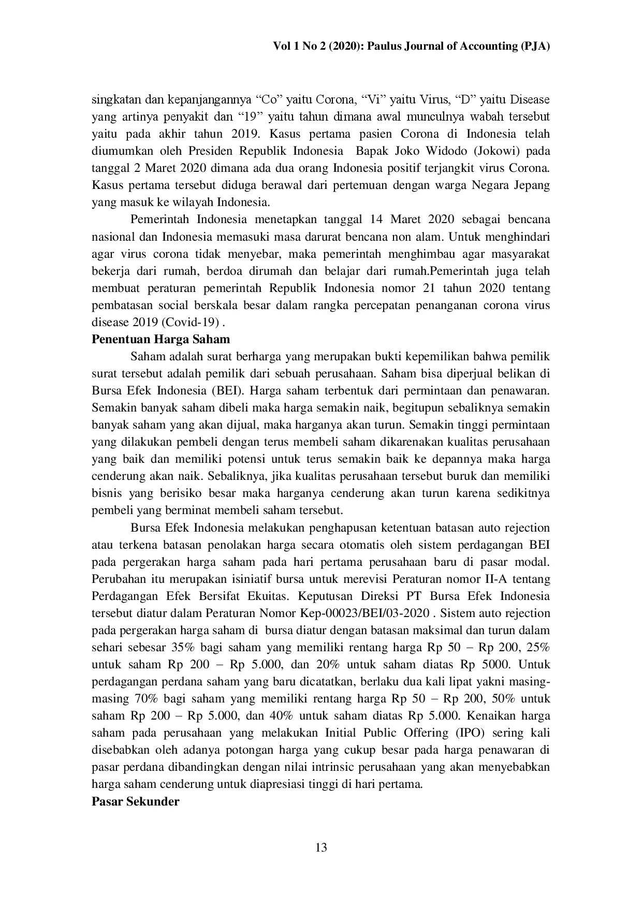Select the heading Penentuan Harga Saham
[x=160, y=340]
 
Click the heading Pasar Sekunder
[x=136, y=801]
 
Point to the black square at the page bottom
[x=321, y=847]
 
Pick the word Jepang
[x=531, y=185]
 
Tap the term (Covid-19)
[x=192, y=323]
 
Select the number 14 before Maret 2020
[x=377, y=219]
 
